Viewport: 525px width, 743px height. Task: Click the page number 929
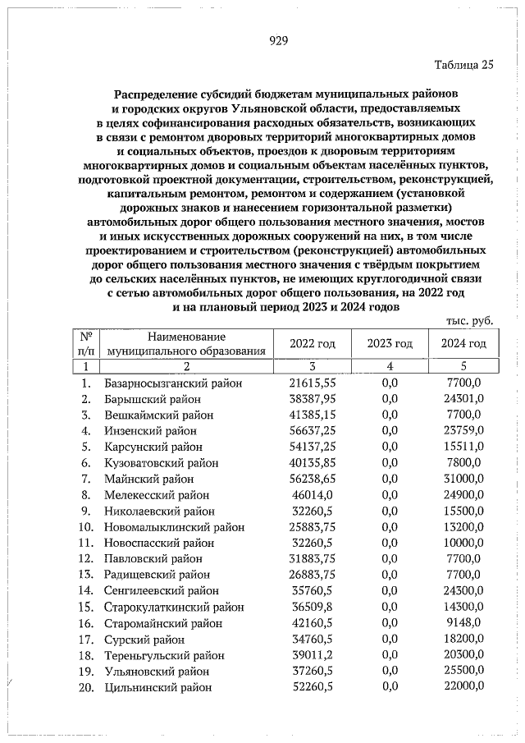tap(278, 44)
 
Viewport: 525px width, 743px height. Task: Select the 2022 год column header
tap(313, 344)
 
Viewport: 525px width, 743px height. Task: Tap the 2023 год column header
tap(390, 344)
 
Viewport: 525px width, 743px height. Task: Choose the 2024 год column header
tap(463, 344)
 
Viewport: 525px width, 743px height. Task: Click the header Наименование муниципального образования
tap(186, 344)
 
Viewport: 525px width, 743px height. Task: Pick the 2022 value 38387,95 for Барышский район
tap(313, 399)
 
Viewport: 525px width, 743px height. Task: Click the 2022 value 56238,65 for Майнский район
tap(313, 479)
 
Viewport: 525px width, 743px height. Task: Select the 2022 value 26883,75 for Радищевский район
tap(313, 575)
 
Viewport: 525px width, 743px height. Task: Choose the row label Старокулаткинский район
tap(174, 607)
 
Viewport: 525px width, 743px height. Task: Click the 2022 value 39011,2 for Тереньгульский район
tap(313, 655)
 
